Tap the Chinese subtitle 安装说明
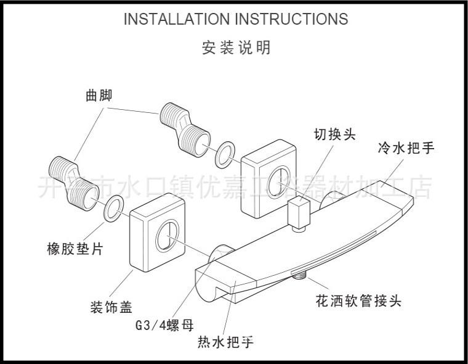point(236,47)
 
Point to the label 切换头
point(334,134)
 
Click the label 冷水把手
point(406,148)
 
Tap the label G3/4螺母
point(157,325)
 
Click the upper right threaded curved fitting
point(185,126)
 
